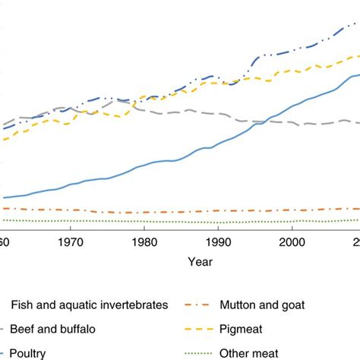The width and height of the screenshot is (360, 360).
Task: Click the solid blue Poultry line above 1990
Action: pos(219,143)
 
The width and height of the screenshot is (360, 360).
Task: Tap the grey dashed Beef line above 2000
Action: pos(292,123)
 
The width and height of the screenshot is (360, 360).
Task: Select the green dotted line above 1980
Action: pos(144,222)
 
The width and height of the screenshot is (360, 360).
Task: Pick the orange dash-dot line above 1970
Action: pos(70,210)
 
